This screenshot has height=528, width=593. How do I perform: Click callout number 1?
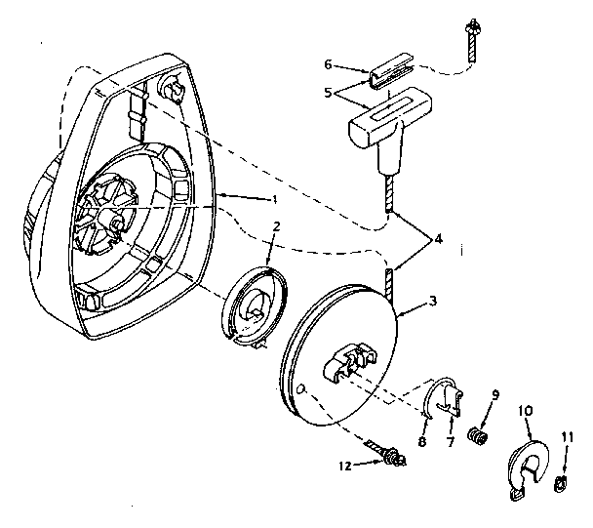(275, 199)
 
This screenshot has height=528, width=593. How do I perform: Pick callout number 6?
(329, 64)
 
